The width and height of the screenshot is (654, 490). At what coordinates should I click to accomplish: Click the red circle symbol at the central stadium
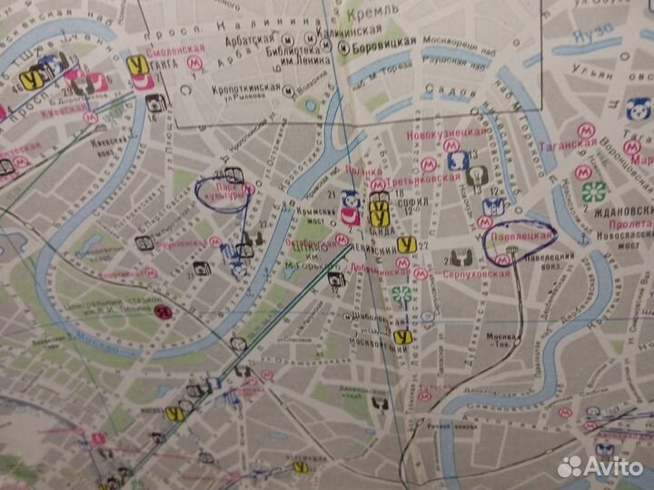tap(163, 312)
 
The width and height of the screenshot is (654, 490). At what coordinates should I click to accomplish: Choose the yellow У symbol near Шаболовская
tap(399, 337)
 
